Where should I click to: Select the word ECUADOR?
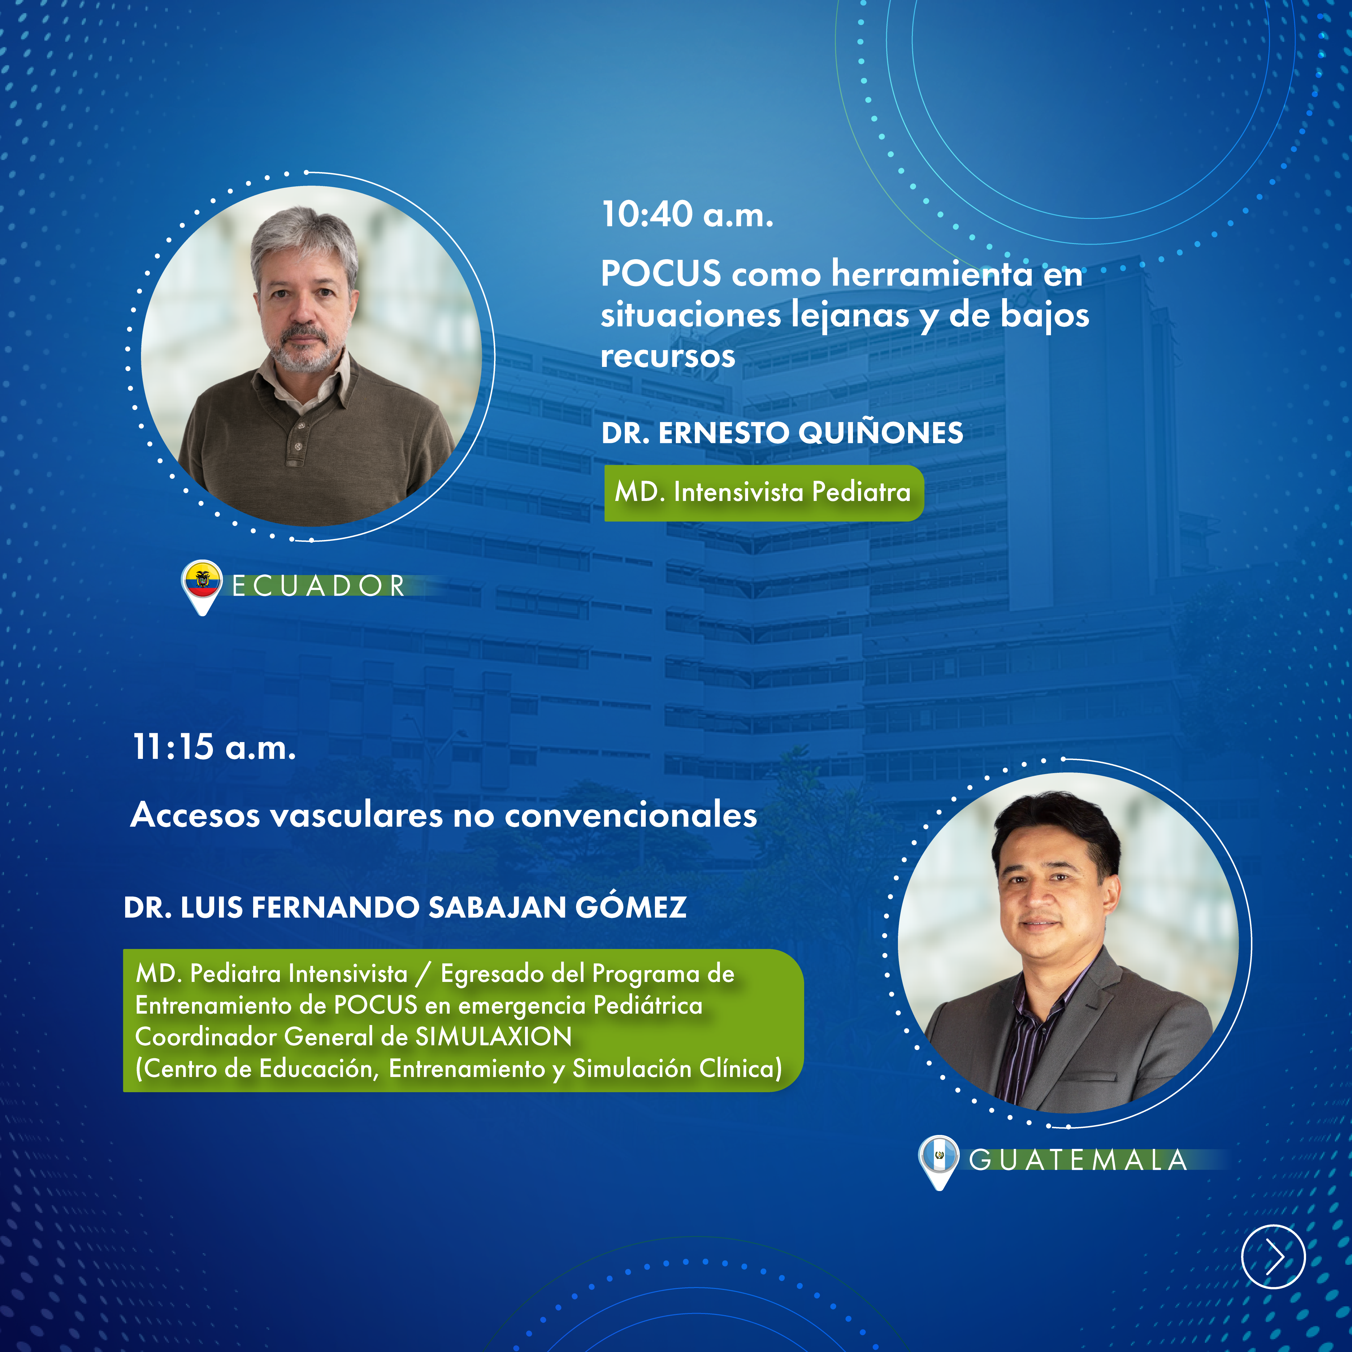318,586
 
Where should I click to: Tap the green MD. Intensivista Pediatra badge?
764,493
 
